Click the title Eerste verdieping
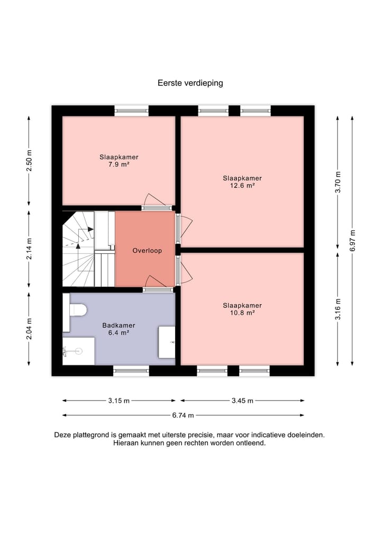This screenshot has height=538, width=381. coord(190,83)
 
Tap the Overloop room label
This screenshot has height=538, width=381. coord(147,250)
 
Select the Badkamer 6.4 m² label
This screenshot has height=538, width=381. coord(119,329)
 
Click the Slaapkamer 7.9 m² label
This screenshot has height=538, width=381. coord(119,161)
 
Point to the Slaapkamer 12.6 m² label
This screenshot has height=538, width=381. coord(242,182)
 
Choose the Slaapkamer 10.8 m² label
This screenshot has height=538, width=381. coord(242,309)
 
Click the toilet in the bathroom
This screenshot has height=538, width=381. coord(75,310)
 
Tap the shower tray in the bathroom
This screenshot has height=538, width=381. coord(79,351)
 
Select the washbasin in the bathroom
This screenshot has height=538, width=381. coord(167,342)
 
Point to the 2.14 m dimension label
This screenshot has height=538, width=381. coord(29,249)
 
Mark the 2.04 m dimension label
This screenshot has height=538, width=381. coord(29,329)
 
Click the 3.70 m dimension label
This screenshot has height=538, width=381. coord(338,182)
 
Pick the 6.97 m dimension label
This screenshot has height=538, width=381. coord(352,240)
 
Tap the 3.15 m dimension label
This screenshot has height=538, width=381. coord(119,400)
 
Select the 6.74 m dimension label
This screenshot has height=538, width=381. coord(183,415)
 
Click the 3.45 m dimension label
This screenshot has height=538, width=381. coord(242,400)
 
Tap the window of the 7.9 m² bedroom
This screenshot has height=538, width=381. coord(131,111)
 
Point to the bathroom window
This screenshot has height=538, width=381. coord(131,370)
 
